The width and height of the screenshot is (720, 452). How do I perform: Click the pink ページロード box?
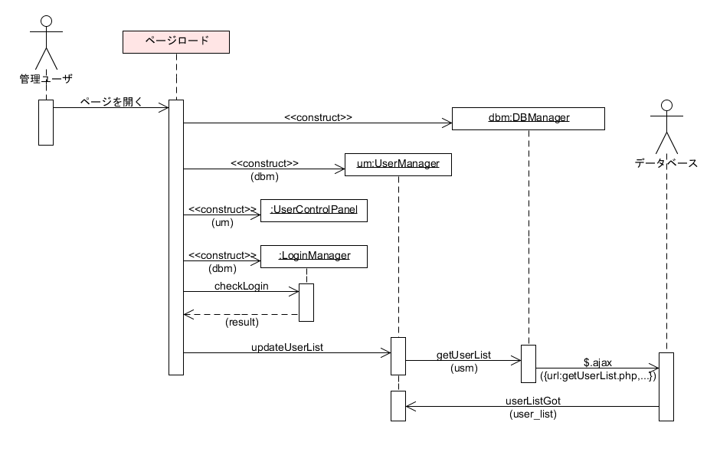click(176, 41)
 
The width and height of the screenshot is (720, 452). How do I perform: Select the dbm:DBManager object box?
click(529, 118)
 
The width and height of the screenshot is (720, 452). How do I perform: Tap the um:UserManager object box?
click(398, 164)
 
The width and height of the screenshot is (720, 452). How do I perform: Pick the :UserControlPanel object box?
click(313, 210)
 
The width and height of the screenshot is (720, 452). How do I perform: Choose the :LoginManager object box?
click(313, 256)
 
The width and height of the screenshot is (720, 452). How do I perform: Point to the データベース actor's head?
click(666, 106)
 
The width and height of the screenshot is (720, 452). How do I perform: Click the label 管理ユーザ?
click(46, 78)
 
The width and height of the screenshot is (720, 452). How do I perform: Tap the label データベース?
click(666, 162)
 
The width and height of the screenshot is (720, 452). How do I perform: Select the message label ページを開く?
click(111, 101)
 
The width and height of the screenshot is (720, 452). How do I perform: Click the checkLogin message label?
click(241, 286)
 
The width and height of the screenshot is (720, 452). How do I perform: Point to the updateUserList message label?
click(287, 347)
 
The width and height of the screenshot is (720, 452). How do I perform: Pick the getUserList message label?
click(463, 355)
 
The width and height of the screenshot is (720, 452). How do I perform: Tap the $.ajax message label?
click(597, 362)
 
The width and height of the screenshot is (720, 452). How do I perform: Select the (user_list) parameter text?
click(533, 414)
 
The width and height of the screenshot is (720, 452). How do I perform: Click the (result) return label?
click(241, 323)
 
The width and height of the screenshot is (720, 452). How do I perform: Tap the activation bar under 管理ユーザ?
click(46, 122)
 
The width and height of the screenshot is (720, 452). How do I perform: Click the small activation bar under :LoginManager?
click(306, 302)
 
